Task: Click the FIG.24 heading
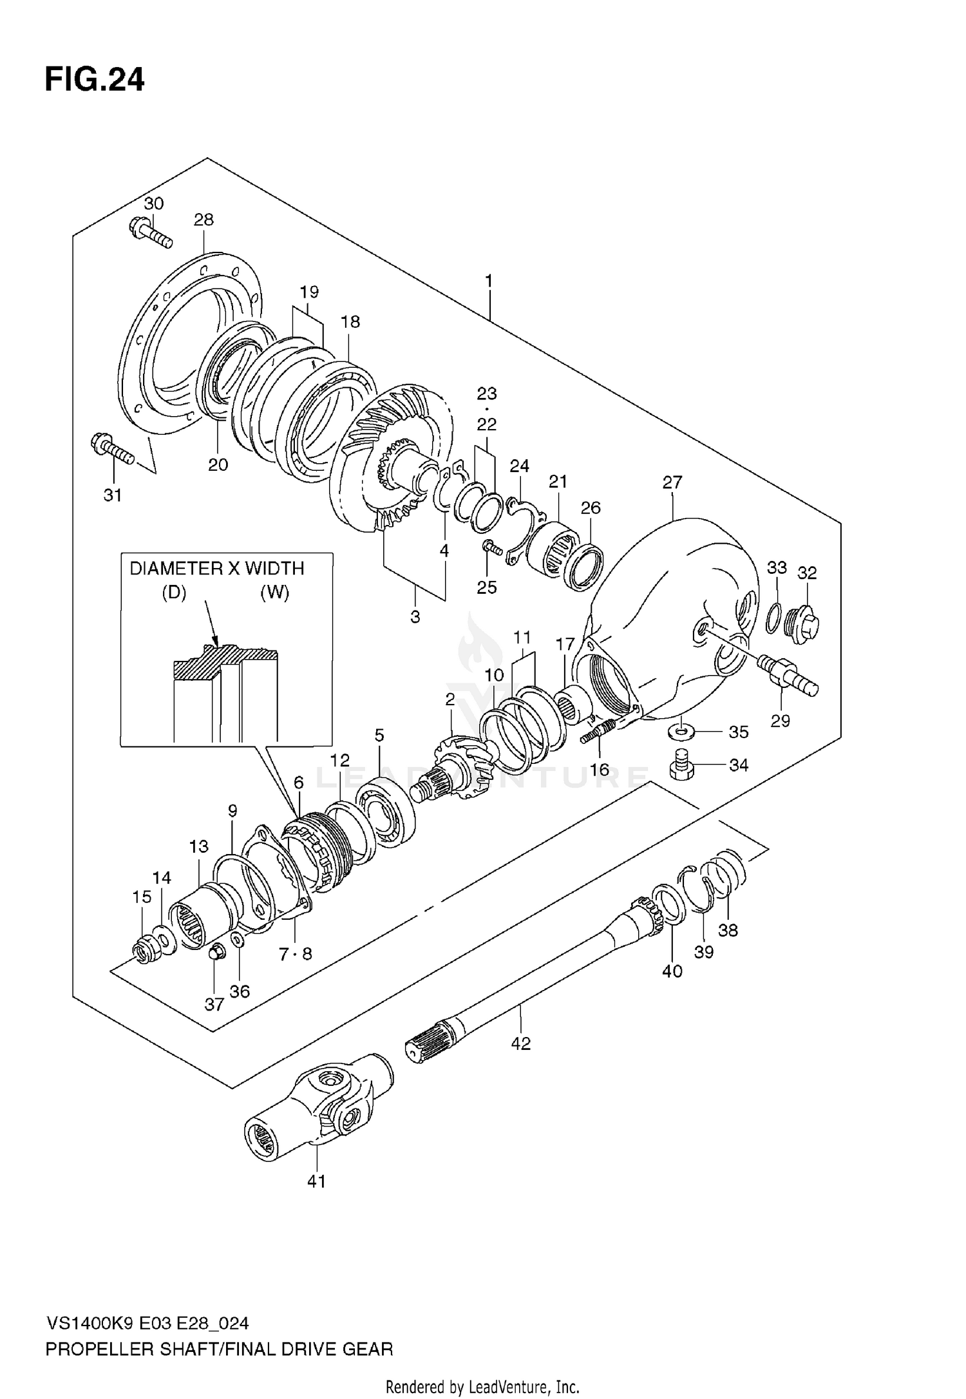click(95, 81)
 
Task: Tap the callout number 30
click(153, 204)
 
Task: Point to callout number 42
click(520, 1043)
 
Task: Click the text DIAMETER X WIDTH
click(216, 568)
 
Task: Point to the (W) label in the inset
click(274, 593)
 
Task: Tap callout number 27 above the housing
click(672, 482)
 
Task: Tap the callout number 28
click(204, 220)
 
